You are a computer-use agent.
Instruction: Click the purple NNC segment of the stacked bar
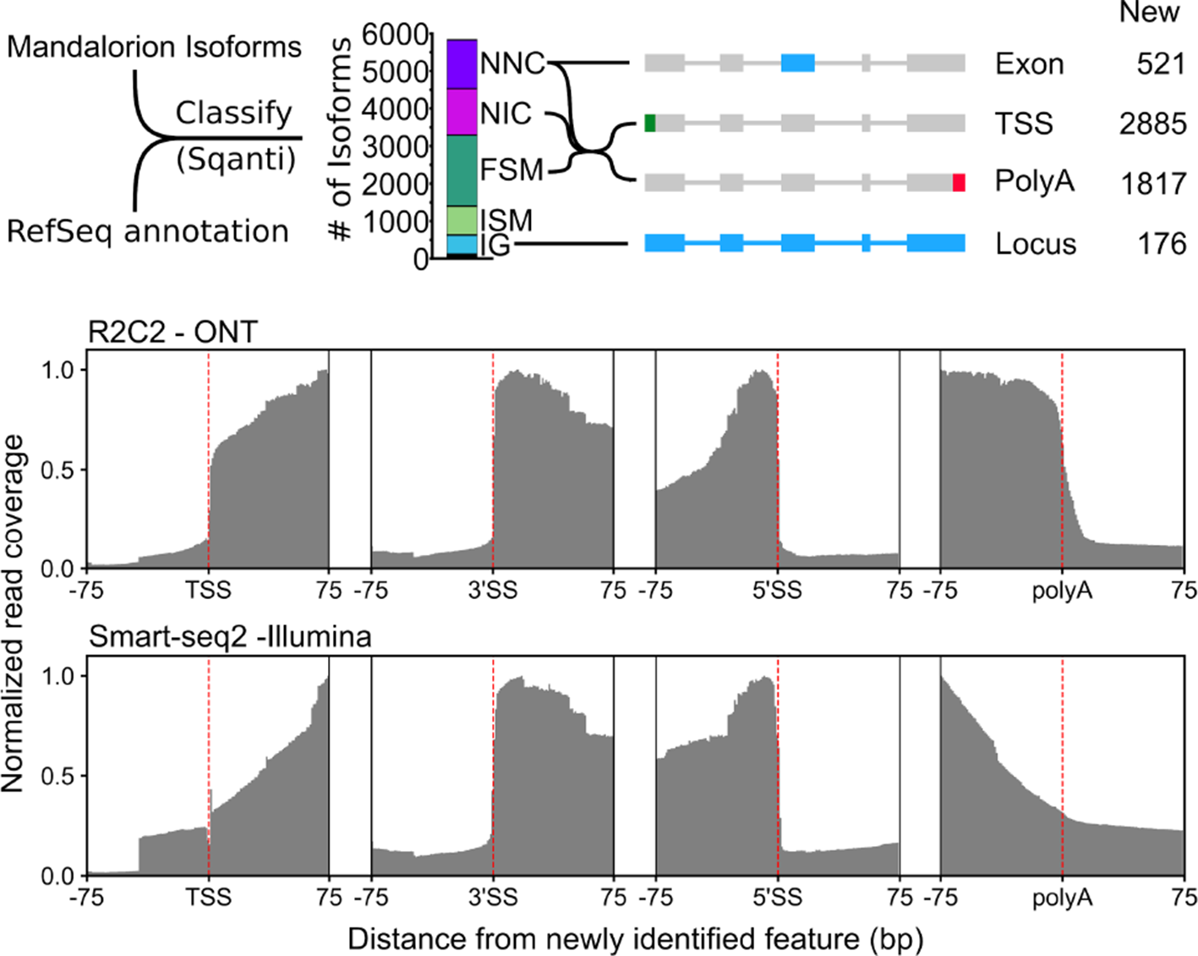(462, 64)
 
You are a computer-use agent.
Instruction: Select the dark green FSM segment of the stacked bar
(462, 170)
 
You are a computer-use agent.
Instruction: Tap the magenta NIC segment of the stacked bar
(462, 112)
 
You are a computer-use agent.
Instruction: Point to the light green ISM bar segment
(462, 220)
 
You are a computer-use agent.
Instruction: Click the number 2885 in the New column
(1152, 124)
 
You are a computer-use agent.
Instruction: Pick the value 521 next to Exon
(1161, 64)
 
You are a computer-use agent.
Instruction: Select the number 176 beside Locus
(1161, 244)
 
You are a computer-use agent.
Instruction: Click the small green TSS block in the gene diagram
(649, 124)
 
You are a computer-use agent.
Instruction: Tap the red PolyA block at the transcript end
(958, 183)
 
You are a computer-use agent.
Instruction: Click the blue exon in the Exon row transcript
(797, 63)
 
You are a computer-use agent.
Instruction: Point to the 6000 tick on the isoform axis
(395, 35)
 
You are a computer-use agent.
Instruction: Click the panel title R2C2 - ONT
(172, 332)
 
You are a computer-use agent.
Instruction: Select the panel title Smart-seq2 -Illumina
(230, 636)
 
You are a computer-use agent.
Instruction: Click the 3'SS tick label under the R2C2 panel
(492, 591)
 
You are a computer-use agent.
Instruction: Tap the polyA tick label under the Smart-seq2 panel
(1062, 897)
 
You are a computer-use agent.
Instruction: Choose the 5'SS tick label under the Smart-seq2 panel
(777, 897)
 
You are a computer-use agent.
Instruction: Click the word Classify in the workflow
(233, 113)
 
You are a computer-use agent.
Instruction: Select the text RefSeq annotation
(147, 231)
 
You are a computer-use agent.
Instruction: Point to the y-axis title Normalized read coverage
(14, 613)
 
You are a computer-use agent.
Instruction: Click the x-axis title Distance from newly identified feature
(635, 939)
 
